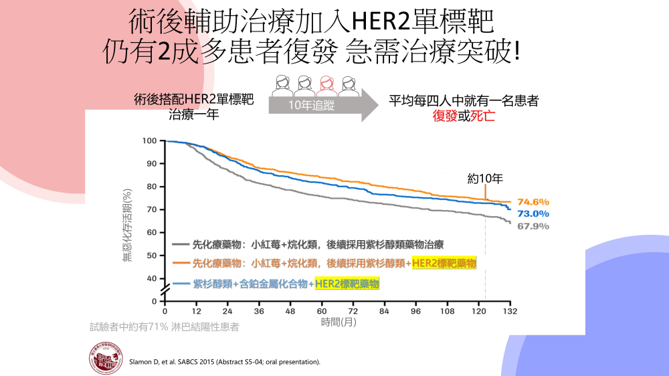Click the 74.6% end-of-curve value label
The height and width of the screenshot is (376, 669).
[x=533, y=201]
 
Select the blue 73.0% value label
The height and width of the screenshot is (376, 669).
[x=533, y=213]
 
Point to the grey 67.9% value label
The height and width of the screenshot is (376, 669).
[x=533, y=226]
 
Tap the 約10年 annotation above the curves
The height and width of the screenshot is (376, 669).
[x=485, y=179]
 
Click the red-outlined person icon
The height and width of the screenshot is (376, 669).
[x=327, y=85]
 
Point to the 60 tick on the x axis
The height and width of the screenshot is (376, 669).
[x=322, y=312]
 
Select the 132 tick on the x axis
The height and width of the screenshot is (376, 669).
[x=510, y=312]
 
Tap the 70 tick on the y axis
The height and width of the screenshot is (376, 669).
[x=151, y=209]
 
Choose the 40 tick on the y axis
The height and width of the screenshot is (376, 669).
[x=151, y=278]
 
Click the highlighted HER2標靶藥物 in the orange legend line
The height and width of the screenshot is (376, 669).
[x=444, y=264]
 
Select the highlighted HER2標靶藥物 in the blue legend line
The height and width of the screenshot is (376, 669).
[x=347, y=284]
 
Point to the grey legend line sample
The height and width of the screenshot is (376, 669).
[x=180, y=244]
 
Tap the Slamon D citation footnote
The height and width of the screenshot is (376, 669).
[x=224, y=362]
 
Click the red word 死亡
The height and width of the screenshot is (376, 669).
[x=482, y=116]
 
